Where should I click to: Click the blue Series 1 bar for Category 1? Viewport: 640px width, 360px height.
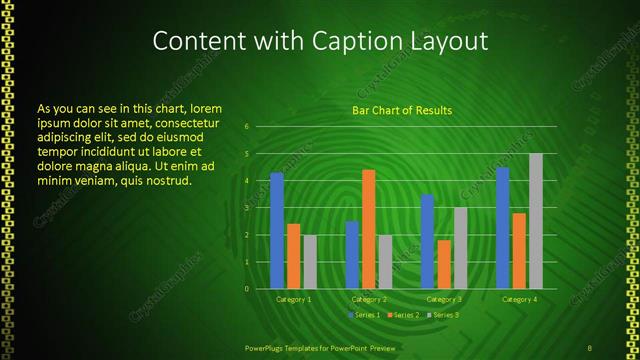click(277, 231)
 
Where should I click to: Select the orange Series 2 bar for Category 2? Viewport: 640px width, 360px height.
click(369, 229)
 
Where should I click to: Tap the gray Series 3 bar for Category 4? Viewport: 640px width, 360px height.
click(536, 221)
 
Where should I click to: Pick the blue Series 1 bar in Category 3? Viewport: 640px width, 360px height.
click(427, 241)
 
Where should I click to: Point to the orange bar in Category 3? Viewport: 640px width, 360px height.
click(444, 264)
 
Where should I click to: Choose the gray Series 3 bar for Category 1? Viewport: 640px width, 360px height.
click(310, 262)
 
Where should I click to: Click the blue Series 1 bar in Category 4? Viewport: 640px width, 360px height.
click(503, 228)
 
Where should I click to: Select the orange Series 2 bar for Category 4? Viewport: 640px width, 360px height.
click(519, 251)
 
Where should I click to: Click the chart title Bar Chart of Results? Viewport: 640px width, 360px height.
click(402, 110)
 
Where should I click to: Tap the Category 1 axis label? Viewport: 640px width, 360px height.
click(294, 299)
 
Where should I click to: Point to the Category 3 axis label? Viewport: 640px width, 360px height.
click(444, 299)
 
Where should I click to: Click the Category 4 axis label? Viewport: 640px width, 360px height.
click(519, 299)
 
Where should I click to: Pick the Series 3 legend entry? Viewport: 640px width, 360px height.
click(444, 315)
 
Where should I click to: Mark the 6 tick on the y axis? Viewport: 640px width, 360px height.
click(247, 127)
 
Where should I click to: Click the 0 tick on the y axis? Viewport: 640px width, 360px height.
click(247, 289)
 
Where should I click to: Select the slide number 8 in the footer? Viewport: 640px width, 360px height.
click(590, 348)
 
